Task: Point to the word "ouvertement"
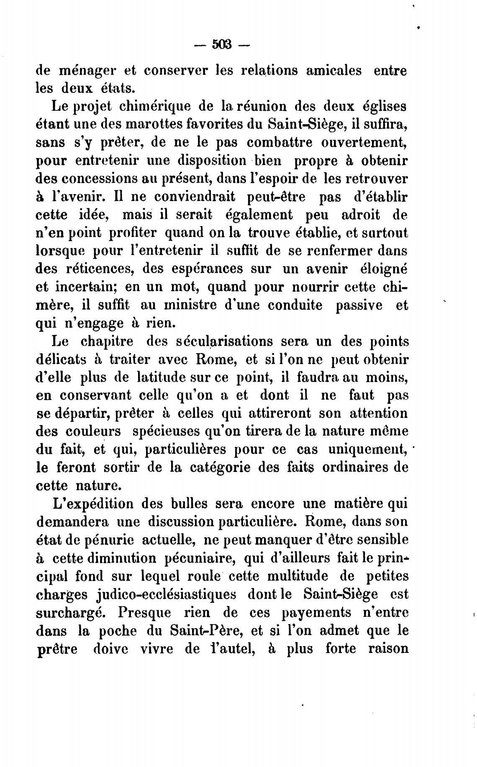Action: tap(364, 143)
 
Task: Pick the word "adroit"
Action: tap(361, 215)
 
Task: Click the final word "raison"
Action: tap(387, 649)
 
